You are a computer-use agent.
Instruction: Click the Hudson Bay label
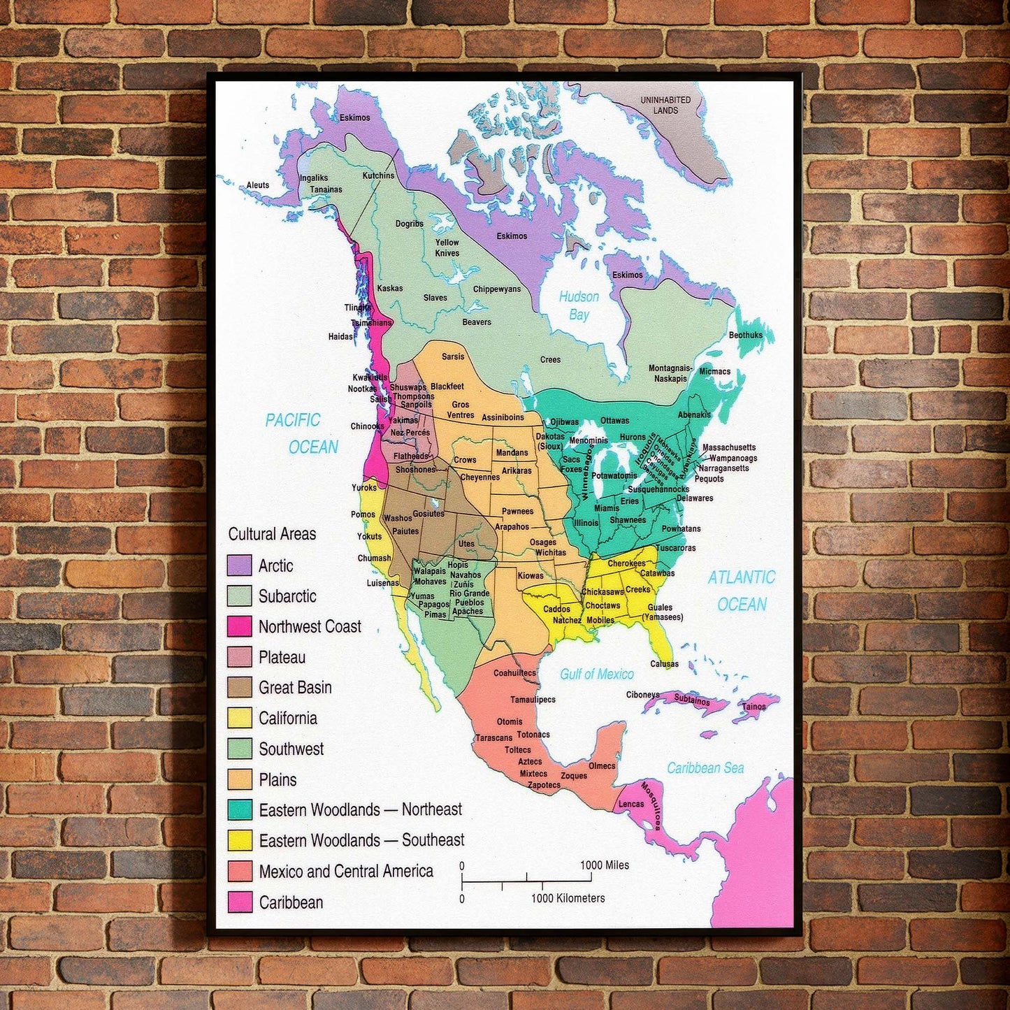pos(579,305)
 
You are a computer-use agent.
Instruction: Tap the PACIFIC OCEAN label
pos(302,433)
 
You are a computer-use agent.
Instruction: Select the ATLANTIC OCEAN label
pos(742,591)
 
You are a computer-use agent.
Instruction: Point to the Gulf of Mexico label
pos(597,674)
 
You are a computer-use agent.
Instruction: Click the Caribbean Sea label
pos(705,768)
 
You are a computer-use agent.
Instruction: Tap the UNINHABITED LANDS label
pos(665,105)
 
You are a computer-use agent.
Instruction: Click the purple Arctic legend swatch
pos(239,565)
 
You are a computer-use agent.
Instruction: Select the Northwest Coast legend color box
pos(239,626)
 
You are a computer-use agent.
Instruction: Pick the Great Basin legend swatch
pos(239,687)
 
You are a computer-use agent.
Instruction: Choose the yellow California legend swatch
pos(239,718)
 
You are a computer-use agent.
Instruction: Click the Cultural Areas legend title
pos(272,534)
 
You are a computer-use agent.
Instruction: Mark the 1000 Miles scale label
pos(605,865)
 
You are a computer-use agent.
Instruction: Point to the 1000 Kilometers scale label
pos(568,898)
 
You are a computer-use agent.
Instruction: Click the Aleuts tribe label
pos(257,185)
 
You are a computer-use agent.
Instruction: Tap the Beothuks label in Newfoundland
pos(746,335)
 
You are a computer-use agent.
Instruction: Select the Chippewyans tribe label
pos(497,289)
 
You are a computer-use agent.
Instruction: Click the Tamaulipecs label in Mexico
pos(533,700)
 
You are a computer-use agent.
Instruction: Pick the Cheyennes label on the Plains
pos(480,477)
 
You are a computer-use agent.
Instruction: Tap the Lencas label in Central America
pos(631,804)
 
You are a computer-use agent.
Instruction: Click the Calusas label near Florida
pos(664,664)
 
